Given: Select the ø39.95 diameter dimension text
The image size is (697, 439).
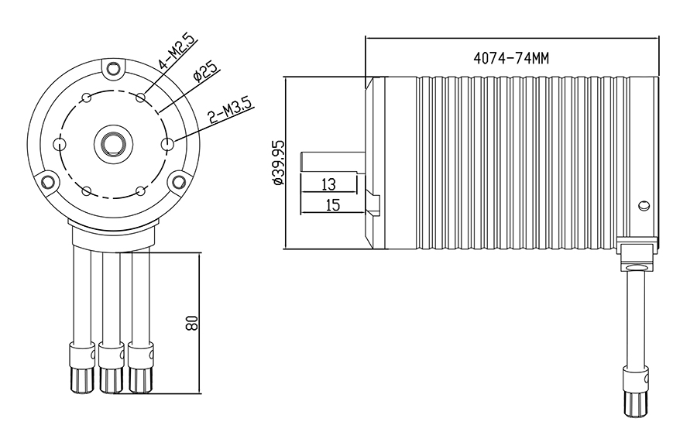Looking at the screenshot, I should click(277, 163).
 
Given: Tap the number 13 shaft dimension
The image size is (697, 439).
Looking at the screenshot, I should click(328, 183).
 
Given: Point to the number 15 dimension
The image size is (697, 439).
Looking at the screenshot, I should click(332, 204).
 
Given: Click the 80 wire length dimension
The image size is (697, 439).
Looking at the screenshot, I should click(193, 321).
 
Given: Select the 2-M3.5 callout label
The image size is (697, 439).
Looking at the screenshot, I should click(230, 112).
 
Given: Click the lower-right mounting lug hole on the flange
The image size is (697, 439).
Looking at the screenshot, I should click(179, 182).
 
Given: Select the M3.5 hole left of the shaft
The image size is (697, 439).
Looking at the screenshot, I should click(58, 143).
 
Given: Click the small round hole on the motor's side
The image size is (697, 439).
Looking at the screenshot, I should click(643, 206).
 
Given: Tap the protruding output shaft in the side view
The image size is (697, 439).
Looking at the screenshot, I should click(333, 163).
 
